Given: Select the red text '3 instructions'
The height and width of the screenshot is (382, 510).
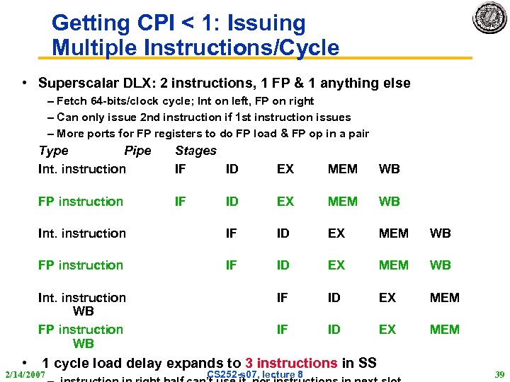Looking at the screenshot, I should pos(291,363).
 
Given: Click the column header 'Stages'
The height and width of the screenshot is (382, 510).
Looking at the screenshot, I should pos(195,151).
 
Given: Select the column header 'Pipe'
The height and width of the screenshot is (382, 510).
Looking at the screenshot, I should pos(137,151).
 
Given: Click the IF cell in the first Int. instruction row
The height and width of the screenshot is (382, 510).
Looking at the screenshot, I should pos(181,169).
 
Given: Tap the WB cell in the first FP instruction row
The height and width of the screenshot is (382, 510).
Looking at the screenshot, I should pos(390,202).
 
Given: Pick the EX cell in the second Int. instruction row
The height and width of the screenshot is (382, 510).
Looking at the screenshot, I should pos(336,233).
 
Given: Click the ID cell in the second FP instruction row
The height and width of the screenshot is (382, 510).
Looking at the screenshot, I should pos(283,265).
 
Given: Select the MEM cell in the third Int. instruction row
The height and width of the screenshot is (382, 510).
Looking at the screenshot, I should pos(445,298).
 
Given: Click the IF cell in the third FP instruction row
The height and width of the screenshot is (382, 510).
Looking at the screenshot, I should pos(283,330).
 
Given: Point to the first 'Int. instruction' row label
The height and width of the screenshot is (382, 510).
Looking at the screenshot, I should pos(82,169).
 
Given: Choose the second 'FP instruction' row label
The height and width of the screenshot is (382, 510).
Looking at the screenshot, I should pos(81,265).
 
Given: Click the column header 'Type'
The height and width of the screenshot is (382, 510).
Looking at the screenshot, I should pos(54,151).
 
